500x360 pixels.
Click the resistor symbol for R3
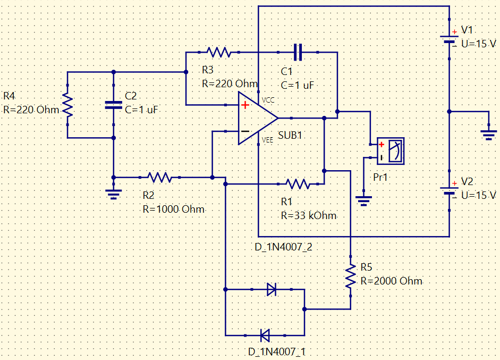[x=219, y=52]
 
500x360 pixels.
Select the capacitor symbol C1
[x=298, y=52]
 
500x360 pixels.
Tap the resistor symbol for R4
[x=67, y=105]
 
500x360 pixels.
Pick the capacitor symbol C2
[x=114, y=105]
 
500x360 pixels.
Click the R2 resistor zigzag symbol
[x=159, y=178]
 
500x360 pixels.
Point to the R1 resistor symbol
[x=298, y=184]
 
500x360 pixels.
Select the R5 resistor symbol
[x=351, y=277]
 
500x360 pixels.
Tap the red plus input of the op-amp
[x=245, y=105]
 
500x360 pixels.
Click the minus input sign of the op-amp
[x=245, y=131]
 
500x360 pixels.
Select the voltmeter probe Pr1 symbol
[x=391, y=151]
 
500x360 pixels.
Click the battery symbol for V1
[x=450, y=39]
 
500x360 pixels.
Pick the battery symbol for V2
[x=450, y=190]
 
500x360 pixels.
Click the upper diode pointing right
[x=272, y=289]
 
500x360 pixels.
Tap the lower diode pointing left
[x=265, y=336]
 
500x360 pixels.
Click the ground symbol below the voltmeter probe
[x=363, y=201]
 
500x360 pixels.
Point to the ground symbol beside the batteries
[x=489, y=135]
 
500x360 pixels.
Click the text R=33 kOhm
[x=309, y=216]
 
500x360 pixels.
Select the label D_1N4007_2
[x=283, y=247]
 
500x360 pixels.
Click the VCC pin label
[x=268, y=100]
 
